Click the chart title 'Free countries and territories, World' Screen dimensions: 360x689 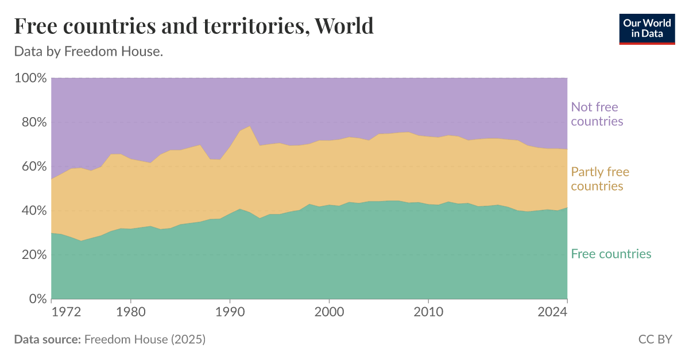click(x=193, y=26)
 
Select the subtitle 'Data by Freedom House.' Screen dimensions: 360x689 click(x=88, y=52)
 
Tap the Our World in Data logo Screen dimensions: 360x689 click(x=647, y=28)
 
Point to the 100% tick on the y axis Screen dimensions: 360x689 click(x=29, y=78)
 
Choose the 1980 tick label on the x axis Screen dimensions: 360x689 click(x=130, y=312)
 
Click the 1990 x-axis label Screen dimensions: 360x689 click(x=230, y=312)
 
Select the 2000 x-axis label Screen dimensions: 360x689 click(x=329, y=312)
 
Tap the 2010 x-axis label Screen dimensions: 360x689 click(x=428, y=312)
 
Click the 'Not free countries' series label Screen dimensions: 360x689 click(x=597, y=114)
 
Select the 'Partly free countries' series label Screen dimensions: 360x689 click(x=600, y=179)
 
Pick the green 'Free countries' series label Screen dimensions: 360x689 click(x=611, y=254)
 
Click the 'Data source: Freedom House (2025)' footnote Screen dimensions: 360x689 click(x=110, y=339)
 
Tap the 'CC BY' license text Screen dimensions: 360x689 click(x=655, y=339)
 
